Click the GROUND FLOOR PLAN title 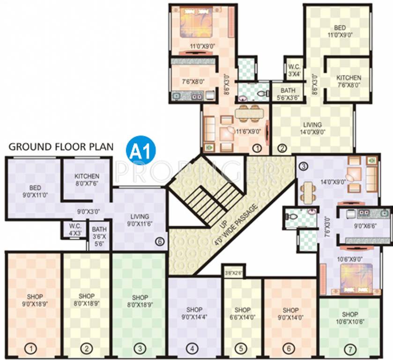[61, 147]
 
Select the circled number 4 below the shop [192, 349]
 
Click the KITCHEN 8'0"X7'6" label [87, 180]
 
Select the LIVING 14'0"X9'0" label [312, 128]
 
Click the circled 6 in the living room [160, 242]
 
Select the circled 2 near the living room [282, 149]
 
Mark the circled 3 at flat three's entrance [304, 166]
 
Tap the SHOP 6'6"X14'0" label [243, 313]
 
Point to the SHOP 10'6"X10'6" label [349, 317]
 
